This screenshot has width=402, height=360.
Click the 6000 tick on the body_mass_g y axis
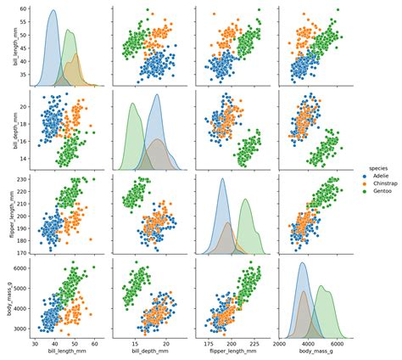click(20, 268)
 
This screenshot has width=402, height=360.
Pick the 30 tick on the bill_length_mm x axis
click(35, 346)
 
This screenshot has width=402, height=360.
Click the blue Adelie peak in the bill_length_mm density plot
click(53, 11)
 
